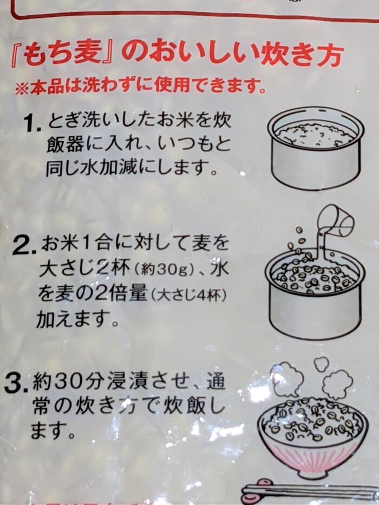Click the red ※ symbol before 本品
point(22,89)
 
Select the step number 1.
point(33,124)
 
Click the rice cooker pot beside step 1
point(316,148)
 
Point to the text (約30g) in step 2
point(167,270)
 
